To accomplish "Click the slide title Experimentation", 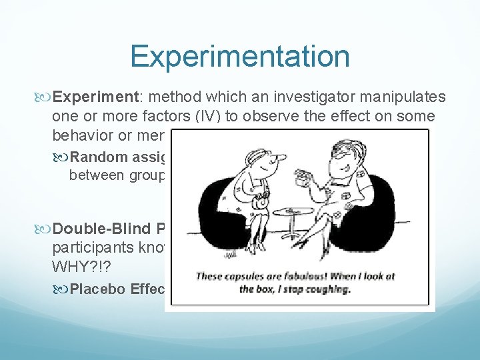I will [x=240, y=56].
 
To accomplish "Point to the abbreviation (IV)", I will [x=212, y=117].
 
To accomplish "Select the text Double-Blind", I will [x=104, y=229].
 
